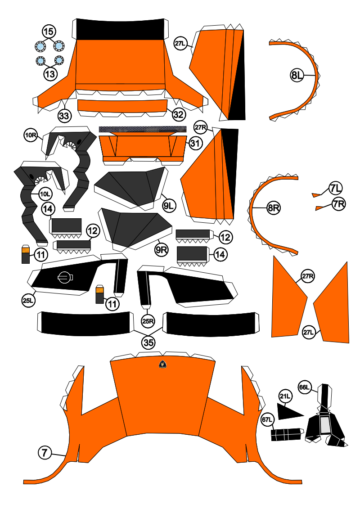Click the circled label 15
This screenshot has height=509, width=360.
click(49, 32)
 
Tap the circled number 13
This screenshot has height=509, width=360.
click(50, 73)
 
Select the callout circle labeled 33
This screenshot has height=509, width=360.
click(64, 116)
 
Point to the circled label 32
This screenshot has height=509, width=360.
click(178, 114)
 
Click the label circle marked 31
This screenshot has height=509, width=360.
click(194, 144)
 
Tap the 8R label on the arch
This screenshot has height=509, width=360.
click(274, 208)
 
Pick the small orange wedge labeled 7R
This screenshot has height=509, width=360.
click(319, 207)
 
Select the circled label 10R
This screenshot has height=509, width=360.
click(31, 135)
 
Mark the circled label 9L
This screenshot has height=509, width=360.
click(169, 206)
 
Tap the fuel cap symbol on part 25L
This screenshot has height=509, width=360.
click(64, 278)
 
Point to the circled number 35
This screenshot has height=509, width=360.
click(148, 342)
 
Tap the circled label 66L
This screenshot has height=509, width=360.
click(305, 387)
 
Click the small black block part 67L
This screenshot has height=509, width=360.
click(286, 434)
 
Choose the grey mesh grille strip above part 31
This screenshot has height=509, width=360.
click(142, 130)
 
